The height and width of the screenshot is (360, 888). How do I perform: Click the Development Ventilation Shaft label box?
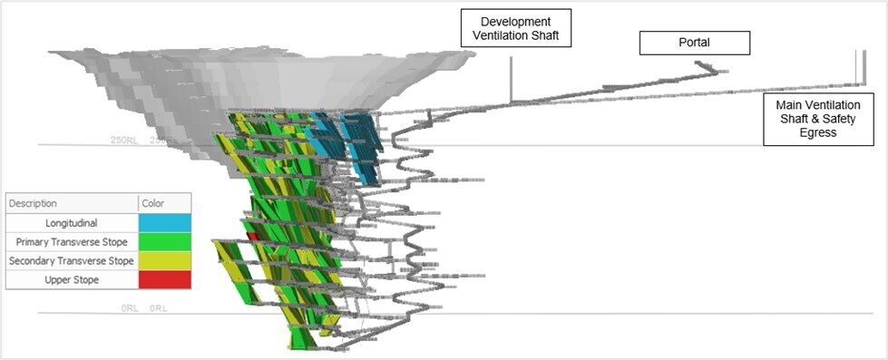pos(516,28)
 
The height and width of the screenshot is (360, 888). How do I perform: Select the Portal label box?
pos(695,43)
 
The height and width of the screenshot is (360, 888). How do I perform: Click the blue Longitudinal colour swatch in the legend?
pos(164,222)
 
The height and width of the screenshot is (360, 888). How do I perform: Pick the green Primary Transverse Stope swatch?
pos(164,241)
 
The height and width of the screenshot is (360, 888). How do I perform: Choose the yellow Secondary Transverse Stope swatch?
pos(164,260)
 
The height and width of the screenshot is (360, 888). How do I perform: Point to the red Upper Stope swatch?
pos(164,279)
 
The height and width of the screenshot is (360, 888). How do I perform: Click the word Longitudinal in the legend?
pos(72,222)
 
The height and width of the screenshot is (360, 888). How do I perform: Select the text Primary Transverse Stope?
pos(72,241)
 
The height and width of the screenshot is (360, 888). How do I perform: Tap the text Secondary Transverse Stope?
pos(72,260)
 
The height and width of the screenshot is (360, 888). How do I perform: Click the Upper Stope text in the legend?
pos(72,279)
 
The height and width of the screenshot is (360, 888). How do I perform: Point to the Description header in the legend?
pos(33,203)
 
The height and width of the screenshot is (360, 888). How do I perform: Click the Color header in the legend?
pos(153,203)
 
